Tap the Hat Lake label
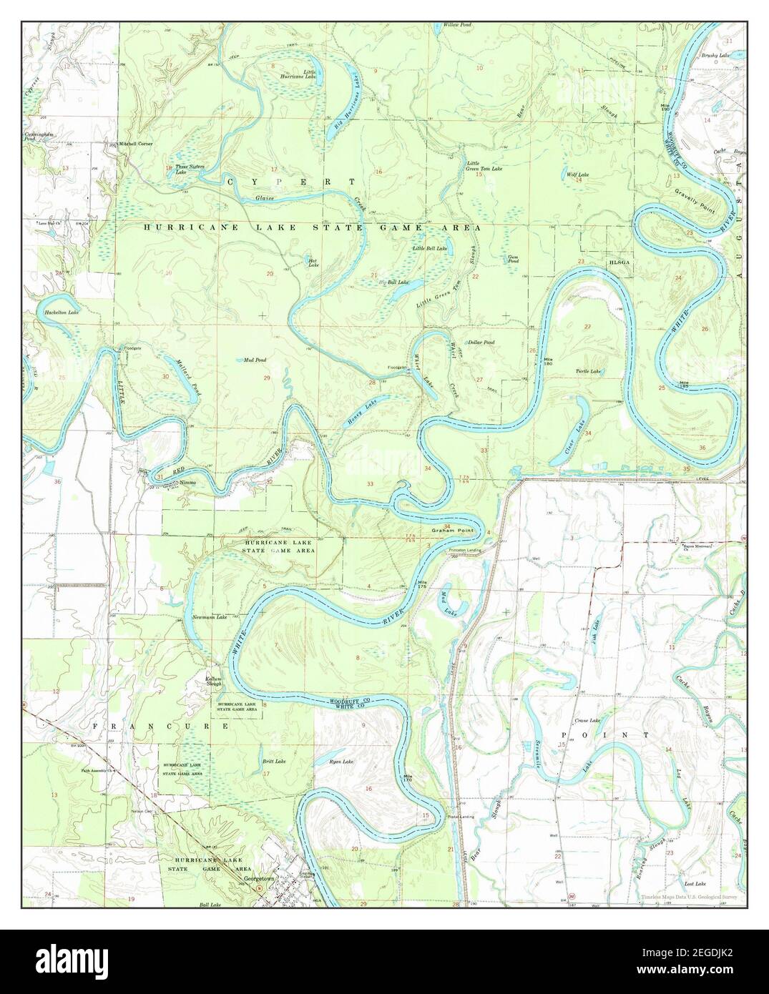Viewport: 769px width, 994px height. (312, 262)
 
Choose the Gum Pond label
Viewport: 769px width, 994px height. (512, 259)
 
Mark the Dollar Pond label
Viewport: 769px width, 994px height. (481, 343)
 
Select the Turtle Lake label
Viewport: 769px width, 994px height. (588, 372)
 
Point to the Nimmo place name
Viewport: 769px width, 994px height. (188, 483)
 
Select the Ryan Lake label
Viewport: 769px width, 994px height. (341, 762)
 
